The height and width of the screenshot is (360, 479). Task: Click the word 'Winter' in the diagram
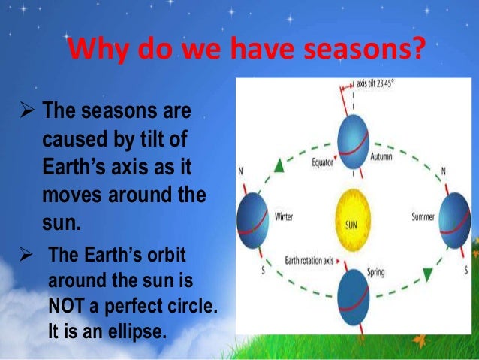coord(284,217)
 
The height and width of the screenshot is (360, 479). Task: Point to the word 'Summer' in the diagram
coord(423,217)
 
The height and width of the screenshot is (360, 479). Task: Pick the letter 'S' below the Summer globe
coord(465,269)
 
